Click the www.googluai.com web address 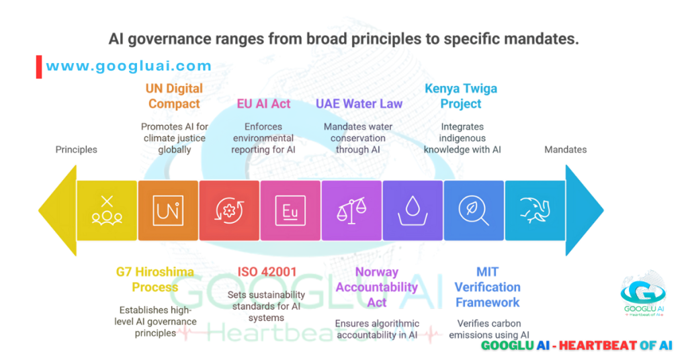[x=128, y=66]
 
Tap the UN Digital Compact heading [x=174, y=96]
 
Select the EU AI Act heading [x=263, y=103]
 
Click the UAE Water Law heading [x=359, y=103]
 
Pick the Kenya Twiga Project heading [x=461, y=96]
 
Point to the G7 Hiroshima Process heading [x=155, y=279]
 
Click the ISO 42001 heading [x=267, y=272]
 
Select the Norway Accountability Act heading [x=376, y=287]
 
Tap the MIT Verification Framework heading [x=487, y=287]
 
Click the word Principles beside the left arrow [x=76, y=150]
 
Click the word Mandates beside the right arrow [x=565, y=150]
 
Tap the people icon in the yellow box [x=107, y=210]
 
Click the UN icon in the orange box [x=168, y=210]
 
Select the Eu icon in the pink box [x=290, y=210]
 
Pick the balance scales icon [x=351, y=210]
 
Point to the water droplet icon [x=412, y=210]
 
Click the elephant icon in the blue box [x=534, y=210]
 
